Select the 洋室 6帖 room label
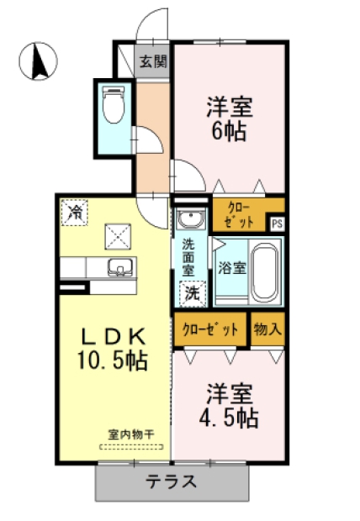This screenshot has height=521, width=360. click(x=230, y=119)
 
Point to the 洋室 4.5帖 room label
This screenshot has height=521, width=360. click(x=229, y=406)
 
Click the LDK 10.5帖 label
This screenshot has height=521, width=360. click(x=114, y=349)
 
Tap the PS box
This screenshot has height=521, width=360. click(x=277, y=223)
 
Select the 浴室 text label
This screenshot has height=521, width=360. click(x=232, y=269)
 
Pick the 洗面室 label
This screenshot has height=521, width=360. click(x=190, y=259)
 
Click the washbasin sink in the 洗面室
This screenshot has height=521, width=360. click(x=190, y=222)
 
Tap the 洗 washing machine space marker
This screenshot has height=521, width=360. click(x=193, y=294)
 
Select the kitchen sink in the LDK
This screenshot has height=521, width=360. click(x=120, y=269)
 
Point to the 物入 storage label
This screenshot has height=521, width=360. click(x=267, y=329)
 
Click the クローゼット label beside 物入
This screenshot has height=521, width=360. click(x=210, y=329)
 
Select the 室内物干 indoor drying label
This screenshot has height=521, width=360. click(x=132, y=435)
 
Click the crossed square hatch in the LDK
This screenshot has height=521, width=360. click(x=115, y=238)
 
